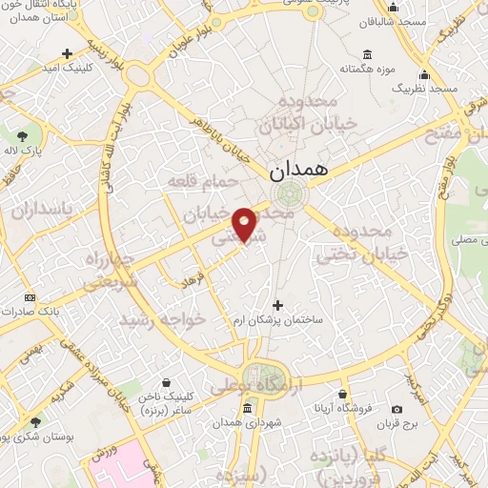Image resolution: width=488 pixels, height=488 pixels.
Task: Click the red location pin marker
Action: [245, 224]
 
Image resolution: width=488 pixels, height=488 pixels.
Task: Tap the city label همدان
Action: [297, 171]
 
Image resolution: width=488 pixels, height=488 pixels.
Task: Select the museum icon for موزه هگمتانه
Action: [368, 53]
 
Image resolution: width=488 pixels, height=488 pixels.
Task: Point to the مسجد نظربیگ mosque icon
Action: [424, 74]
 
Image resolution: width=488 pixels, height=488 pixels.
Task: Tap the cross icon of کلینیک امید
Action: [66, 53]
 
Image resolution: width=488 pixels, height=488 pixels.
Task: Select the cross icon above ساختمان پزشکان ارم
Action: [277, 305]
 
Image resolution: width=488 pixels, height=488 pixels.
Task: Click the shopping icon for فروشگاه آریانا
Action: [342, 394]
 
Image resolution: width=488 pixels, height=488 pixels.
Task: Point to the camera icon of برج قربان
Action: [396, 409]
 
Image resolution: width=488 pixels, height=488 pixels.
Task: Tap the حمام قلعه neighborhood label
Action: [193, 179]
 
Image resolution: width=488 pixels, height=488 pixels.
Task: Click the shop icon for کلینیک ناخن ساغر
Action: [166, 382]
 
